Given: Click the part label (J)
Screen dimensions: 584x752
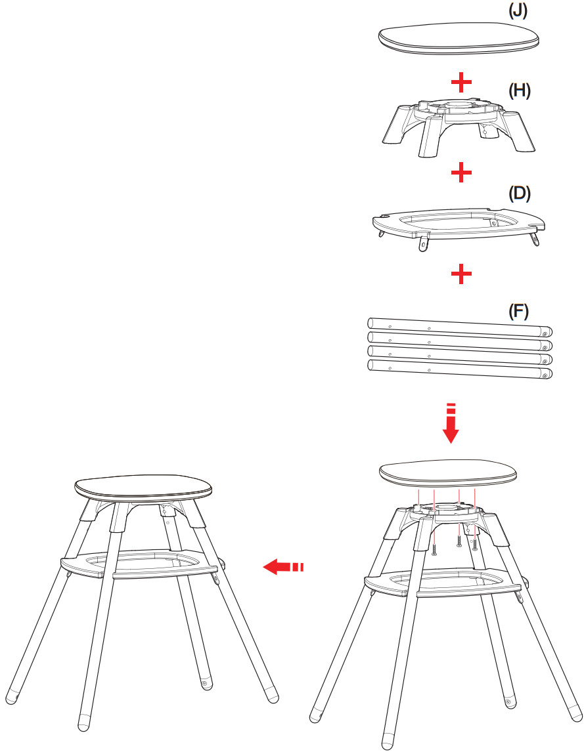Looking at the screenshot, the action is tap(518, 10).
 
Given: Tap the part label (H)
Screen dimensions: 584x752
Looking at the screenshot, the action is tap(519, 91).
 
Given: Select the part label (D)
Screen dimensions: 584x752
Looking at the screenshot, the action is tap(519, 194).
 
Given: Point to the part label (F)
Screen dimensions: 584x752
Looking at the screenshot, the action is tap(518, 312).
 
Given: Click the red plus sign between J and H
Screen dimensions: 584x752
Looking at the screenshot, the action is tap(461, 83).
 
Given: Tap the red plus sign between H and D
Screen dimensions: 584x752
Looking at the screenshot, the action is tap(461, 173).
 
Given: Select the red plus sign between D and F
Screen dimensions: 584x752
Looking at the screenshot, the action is tap(461, 274).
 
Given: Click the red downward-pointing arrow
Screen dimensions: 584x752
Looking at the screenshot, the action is tap(451, 424).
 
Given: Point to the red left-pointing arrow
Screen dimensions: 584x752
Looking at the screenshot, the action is tap(283, 567).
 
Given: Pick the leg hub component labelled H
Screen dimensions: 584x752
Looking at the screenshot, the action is tap(459, 127).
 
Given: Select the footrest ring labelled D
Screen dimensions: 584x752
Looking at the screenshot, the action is tap(459, 227).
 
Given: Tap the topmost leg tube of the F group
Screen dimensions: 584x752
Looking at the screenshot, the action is tap(460, 327).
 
